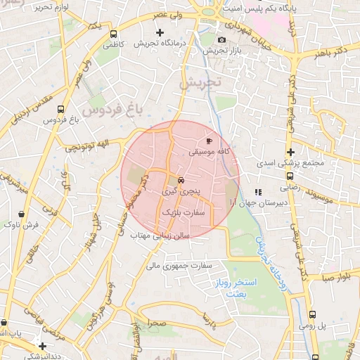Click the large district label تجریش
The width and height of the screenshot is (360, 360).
(200, 82)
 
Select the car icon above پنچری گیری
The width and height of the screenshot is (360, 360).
(181, 179)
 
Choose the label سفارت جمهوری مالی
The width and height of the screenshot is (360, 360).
(179, 266)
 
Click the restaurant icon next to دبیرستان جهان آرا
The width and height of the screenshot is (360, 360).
(258, 191)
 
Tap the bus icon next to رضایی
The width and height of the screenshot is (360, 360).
(290, 177)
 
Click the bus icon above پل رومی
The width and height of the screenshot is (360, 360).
(314, 315)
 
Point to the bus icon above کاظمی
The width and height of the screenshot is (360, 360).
(114, 34)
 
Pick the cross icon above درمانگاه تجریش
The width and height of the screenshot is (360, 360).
(160, 32)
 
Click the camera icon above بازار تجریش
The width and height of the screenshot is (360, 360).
(222, 40)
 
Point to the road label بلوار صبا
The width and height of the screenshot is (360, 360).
(341, 277)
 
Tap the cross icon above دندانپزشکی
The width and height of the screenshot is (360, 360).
(44, 346)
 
